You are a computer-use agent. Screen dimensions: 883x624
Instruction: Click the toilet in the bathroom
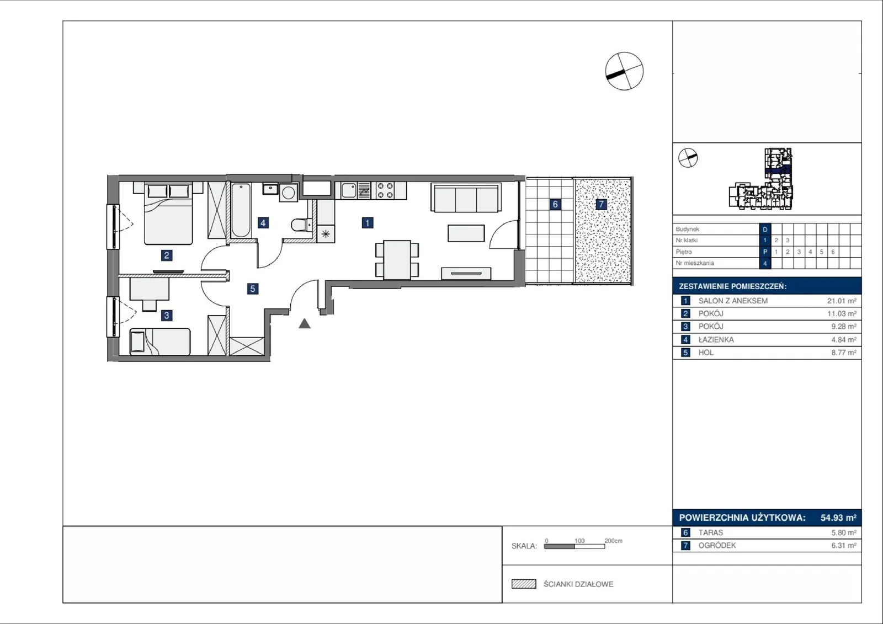(x=300, y=225)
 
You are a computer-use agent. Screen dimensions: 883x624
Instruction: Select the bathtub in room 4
(x=241, y=210)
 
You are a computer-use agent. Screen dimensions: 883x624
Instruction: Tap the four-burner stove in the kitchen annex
(x=385, y=190)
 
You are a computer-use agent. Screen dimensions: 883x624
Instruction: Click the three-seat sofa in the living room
(x=466, y=198)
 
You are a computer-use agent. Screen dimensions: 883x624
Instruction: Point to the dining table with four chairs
(x=397, y=260)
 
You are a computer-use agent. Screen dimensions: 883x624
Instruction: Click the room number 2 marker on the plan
(x=166, y=255)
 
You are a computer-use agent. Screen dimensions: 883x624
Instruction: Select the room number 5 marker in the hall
(x=253, y=289)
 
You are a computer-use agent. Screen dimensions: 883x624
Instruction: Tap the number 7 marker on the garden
(x=601, y=204)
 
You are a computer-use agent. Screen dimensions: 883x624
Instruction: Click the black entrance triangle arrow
(x=304, y=324)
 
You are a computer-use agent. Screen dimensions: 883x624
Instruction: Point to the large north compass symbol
(x=624, y=71)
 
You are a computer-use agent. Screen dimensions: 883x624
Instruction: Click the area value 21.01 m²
(x=842, y=301)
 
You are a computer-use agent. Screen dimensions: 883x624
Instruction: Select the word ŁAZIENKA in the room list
(x=716, y=340)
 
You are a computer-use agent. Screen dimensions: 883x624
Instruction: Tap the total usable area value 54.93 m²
(x=838, y=518)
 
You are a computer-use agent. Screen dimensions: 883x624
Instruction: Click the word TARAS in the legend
(x=711, y=532)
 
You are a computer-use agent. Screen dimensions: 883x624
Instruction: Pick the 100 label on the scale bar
(x=579, y=541)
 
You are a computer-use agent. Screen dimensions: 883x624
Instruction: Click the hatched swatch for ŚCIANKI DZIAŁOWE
(x=524, y=584)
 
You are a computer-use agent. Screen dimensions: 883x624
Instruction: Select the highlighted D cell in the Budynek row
(x=765, y=230)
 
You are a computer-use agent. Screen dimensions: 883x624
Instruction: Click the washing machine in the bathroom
(x=289, y=193)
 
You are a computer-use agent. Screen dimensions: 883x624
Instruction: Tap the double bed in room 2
(x=168, y=214)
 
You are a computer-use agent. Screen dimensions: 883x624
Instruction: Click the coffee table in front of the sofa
(x=466, y=233)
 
